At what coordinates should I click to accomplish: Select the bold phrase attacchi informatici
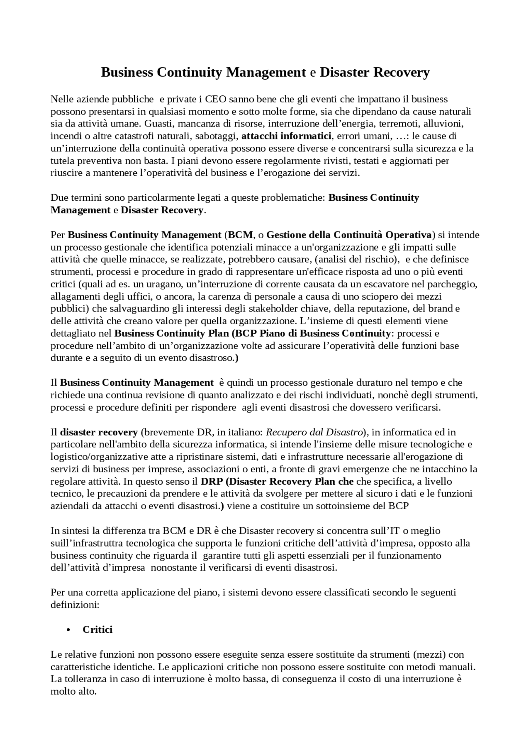click(x=286, y=136)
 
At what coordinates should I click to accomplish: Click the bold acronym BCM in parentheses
click(x=240, y=235)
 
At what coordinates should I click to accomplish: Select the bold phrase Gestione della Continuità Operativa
click(x=349, y=235)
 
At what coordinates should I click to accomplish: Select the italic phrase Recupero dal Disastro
click(x=314, y=433)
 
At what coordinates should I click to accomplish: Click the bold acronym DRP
click(x=212, y=481)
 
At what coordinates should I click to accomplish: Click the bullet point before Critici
click(x=68, y=630)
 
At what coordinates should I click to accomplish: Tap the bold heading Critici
click(x=97, y=629)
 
